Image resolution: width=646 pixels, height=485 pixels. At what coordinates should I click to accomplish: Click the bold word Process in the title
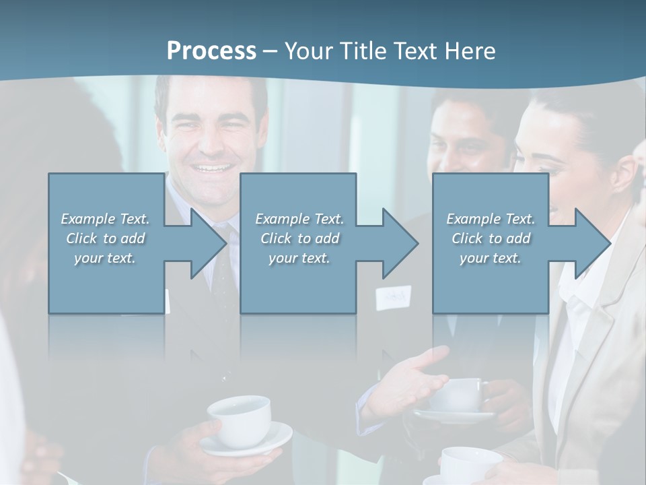point(211,51)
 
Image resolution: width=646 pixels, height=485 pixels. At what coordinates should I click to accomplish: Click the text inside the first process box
point(105,238)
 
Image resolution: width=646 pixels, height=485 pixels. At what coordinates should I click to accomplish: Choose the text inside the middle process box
point(299,238)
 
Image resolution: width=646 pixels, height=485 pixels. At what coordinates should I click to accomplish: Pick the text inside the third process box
point(490,238)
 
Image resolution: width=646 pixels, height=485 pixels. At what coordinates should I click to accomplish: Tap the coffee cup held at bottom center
point(240,417)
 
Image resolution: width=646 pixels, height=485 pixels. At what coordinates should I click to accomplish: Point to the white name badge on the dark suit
point(393,297)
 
